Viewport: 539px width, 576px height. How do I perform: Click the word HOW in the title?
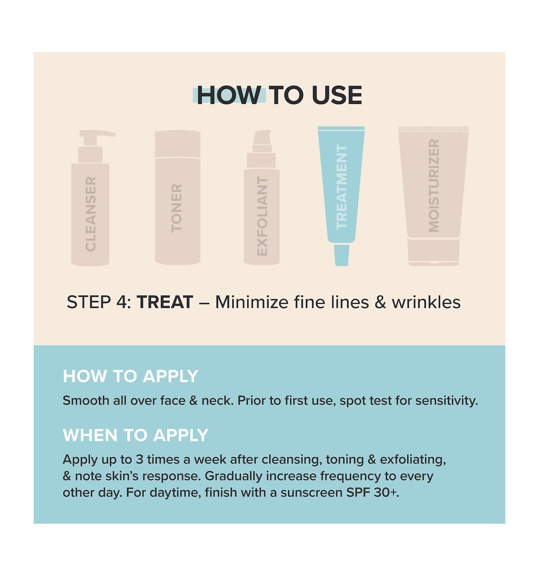[229, 95]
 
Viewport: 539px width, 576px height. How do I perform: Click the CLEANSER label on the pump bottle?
[91, 214]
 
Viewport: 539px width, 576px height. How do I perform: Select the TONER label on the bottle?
[177, 208]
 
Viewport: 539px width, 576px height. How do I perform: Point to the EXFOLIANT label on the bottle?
[262, 216]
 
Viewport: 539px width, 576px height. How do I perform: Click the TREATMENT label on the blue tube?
[341, 187]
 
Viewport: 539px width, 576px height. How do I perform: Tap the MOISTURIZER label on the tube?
[434, 186]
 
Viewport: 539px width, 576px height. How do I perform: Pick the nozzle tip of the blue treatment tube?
[342, 255]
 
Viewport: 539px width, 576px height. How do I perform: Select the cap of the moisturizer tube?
[434, 252]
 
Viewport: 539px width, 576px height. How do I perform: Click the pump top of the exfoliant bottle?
[262, 141]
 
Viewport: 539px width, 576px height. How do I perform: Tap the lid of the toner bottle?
[178, 144]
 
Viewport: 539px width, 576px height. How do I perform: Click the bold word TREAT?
[165, 302]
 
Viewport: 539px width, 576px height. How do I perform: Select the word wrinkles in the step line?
[426, 302]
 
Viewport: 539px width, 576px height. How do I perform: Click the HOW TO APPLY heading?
[130, 376]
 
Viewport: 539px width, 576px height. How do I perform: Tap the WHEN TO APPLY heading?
[135, 435]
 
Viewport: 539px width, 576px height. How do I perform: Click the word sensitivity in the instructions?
[447, 401]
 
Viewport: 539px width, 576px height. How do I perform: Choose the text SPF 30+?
[373, 492]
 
